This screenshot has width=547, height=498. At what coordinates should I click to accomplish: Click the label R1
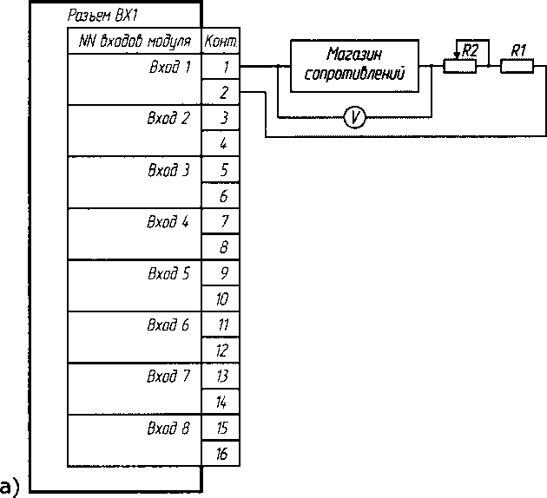point(518,50)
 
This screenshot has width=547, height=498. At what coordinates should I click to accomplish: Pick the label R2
point(470,50)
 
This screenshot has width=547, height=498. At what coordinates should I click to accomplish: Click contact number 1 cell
point(223,66)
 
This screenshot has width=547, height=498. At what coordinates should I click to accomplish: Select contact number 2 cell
point(223,91)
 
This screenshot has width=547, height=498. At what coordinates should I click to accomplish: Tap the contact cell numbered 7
point(223,220)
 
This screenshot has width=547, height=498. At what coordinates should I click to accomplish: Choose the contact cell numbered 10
point(223,298)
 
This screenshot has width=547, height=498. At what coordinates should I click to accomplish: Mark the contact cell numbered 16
point(223,453)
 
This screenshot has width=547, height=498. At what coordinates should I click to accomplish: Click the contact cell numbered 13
point(223,376)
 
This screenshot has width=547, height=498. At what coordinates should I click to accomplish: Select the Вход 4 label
point(168,220)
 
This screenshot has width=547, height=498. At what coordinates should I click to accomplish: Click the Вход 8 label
point(168,428)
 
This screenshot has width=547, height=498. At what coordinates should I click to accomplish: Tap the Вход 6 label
point(168,324)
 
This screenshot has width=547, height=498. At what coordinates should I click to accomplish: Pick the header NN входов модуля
point(135,41)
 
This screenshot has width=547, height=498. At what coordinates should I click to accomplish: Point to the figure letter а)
point(10,483)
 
